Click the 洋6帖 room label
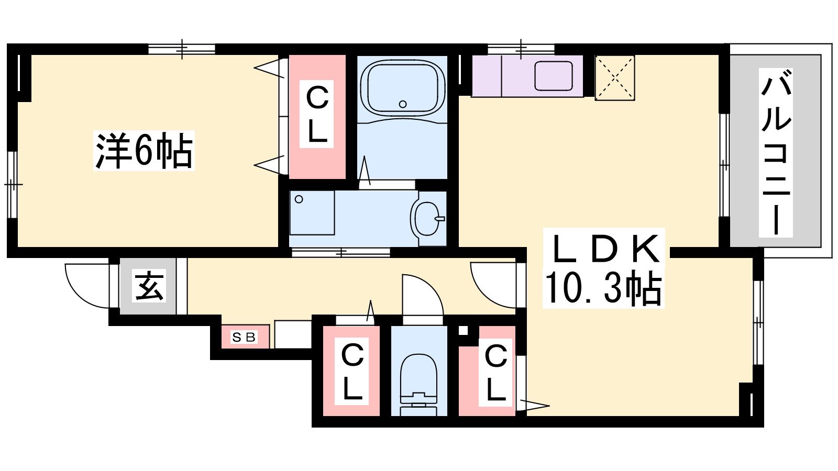tap(144, 151)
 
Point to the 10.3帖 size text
tap(603, 287)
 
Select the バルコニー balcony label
tap(776, 152)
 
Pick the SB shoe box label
tap(244, 338)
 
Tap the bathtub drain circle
tap(403, 104)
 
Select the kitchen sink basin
tap(553, 76)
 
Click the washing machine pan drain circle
tap(299, 199)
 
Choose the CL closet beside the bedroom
tap(317, 117)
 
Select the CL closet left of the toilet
tap(351, 371)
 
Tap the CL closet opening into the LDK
tap(487, 371)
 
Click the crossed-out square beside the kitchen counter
tap(615, 78)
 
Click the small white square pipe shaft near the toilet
tap(463, 331)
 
